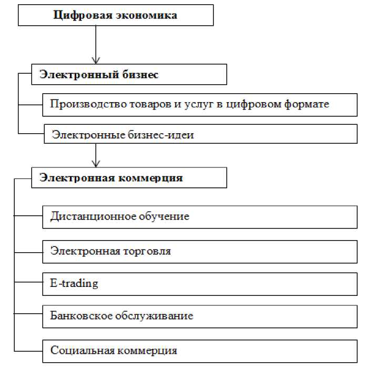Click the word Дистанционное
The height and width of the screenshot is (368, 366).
86,216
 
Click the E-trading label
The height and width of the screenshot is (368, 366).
74,284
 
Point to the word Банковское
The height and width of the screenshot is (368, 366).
78,316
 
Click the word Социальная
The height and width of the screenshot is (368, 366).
78,350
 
